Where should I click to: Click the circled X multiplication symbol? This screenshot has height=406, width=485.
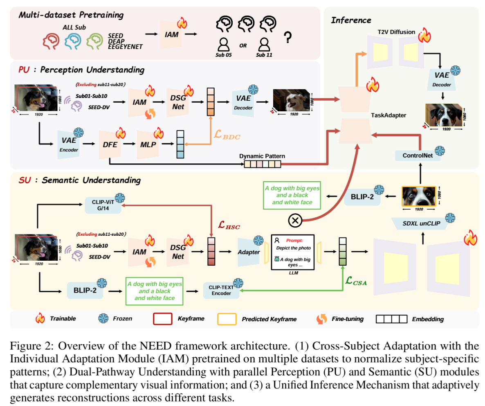click(x=295, y=221)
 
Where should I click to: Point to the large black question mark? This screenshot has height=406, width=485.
click(x=288, y=38)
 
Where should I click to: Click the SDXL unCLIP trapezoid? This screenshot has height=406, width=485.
click(x=422, y=223)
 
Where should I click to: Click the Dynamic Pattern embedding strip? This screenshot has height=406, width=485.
click(x=263, y=164)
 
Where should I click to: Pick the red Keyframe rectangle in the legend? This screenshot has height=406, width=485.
click(x=164, y=318)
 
